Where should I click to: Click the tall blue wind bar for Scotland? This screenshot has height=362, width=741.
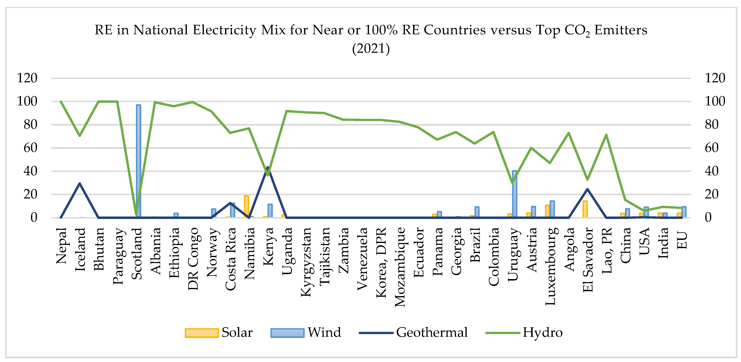[138, 161]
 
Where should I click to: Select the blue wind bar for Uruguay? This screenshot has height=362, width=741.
[515, 194]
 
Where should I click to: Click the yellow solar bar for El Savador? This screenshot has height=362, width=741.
[585, 209]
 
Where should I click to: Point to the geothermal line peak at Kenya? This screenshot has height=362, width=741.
[268, 167]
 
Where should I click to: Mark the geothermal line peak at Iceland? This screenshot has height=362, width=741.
[80, 183]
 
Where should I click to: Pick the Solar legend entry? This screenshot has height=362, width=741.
[219, 333]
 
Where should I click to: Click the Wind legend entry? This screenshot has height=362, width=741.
[306, 333]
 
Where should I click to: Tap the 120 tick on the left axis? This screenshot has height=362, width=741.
[27, 78]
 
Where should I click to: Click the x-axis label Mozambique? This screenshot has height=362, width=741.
[400, 267]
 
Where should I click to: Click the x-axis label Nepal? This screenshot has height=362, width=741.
[61, 246]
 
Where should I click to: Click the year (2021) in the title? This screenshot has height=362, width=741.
[371, 48]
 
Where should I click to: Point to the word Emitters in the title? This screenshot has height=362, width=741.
[621, 30]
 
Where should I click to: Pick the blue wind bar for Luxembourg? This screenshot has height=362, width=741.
[552, 209]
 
